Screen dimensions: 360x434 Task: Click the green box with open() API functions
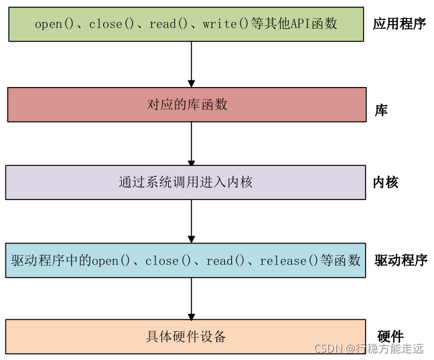point(187,23)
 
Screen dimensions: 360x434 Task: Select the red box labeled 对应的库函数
point(187,104)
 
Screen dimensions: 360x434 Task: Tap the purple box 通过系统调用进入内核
point(186,182)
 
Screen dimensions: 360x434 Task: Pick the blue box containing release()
point(186,260)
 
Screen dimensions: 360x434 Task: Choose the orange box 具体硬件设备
point(186,336)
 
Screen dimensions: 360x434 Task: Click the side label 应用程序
point(399,24)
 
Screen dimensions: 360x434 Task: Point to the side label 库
point(380,110)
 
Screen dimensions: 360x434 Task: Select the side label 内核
point(385,182)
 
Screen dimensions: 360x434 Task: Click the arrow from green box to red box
point(192,64)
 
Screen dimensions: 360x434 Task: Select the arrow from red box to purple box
point(192,143)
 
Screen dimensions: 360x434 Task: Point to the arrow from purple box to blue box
point(192,221)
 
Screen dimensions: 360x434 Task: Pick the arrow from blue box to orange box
point(192,298)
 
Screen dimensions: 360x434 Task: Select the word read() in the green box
point(163,24)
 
